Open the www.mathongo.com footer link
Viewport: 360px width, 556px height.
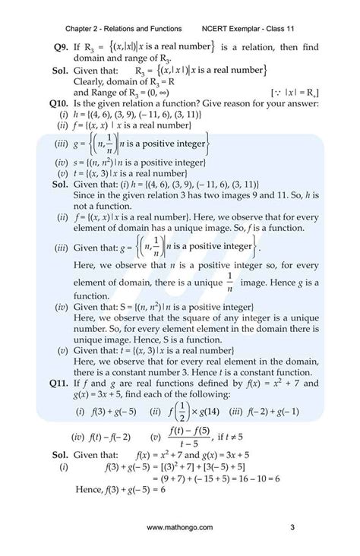(x=180, y=528)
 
